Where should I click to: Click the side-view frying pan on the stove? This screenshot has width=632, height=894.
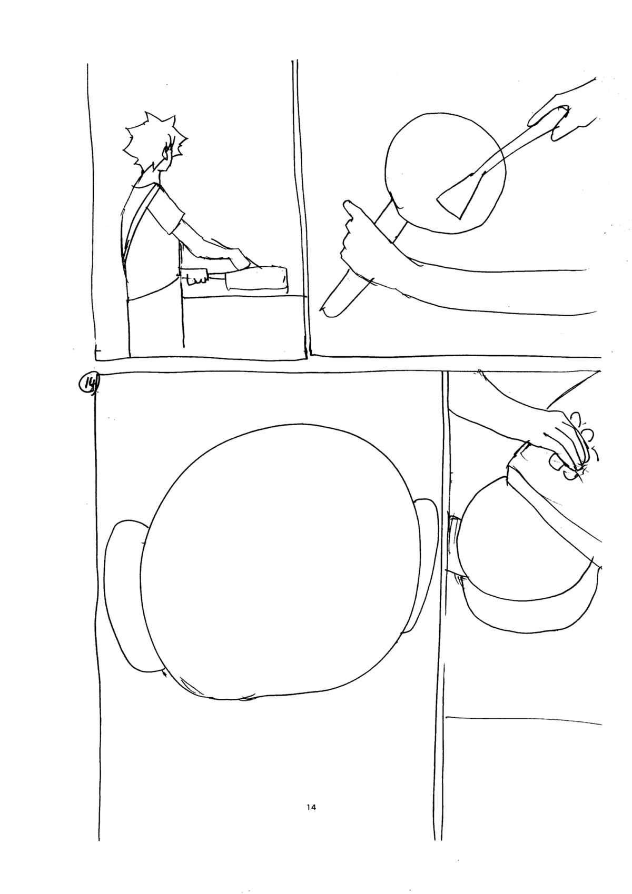pyautogui.click(x=255, y=280)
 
